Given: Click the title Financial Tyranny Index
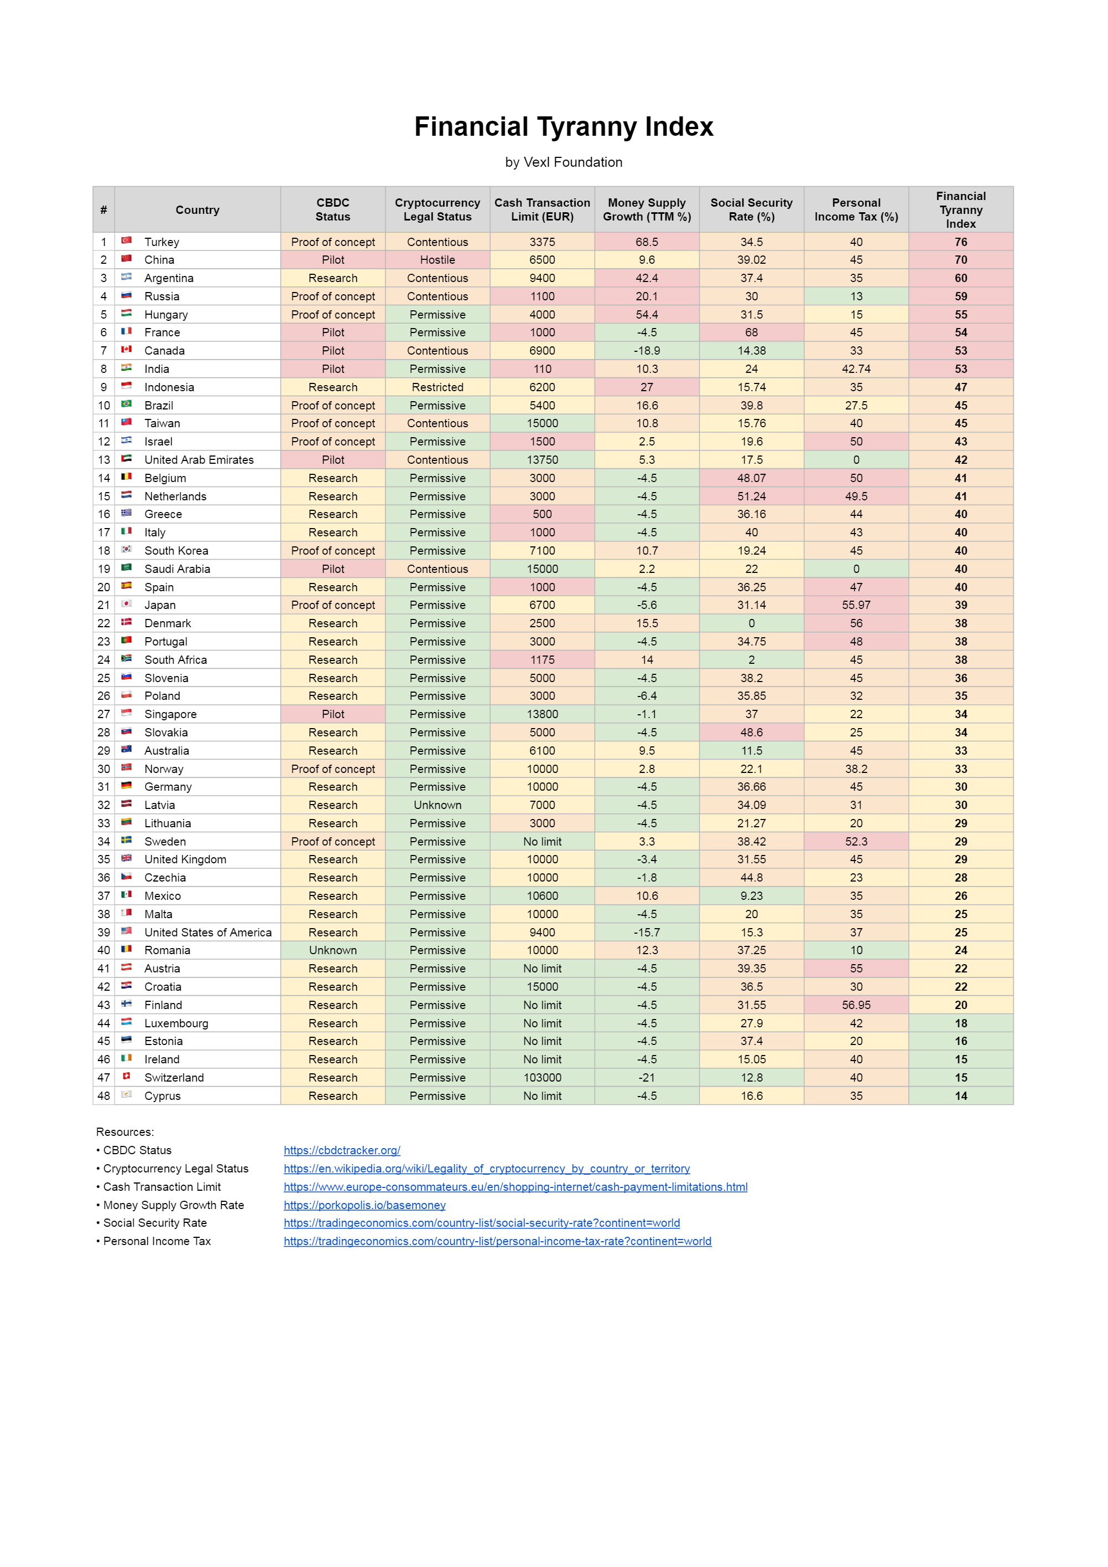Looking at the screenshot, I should (563, 127).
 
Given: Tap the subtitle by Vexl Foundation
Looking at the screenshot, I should (563, 162).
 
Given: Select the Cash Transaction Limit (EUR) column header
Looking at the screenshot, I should (542, 209).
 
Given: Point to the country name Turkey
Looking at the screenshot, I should (162, 242).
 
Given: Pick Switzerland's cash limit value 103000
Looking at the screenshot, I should (542, 1078).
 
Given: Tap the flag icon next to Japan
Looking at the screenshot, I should (126, 604).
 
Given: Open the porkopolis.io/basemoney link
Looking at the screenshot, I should (365, 1205).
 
